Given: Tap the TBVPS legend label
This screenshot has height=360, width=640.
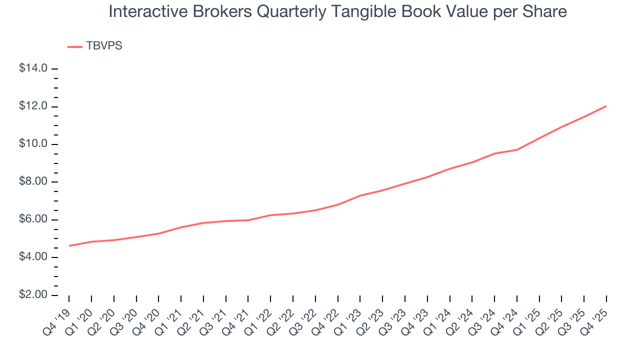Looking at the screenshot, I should [104, 46].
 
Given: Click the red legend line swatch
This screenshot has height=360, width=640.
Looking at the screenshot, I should [75, 46].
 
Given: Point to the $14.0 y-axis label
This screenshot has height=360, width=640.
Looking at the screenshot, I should [33, 68].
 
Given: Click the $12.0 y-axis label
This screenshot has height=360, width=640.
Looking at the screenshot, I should [33, 106].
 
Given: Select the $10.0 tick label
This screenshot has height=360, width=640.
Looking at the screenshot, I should [33, 144].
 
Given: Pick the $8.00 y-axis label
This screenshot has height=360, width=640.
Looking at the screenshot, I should [33, 182].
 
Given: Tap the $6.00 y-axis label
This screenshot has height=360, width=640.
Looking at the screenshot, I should [33, 220].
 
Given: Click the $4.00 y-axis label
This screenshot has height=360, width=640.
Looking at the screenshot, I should [33, 257].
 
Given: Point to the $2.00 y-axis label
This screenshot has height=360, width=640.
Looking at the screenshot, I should [33, 295].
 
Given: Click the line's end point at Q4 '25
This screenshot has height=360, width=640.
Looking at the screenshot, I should [606, 106].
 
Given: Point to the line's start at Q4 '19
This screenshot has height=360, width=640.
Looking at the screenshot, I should [69, 246].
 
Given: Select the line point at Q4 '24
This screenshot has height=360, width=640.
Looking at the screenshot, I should [516, 149].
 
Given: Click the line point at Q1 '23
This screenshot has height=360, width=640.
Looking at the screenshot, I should [360, 195].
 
